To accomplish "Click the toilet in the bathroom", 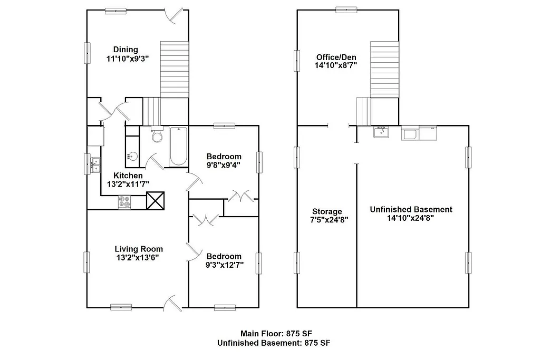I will coord(157,137).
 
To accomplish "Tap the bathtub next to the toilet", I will coord(178,146).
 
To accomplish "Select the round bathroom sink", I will coord(132,156).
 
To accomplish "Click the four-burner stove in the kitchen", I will coord(125,201).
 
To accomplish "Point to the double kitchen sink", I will coord(95,164).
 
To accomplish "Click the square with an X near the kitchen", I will coord(156,201).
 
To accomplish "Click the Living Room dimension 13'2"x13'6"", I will coord(138,258).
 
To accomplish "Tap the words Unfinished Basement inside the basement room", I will coord(411,209).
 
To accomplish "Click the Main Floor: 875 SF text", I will coord(273,333).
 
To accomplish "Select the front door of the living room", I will coord(173,303).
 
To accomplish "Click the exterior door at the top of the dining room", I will coord(175,16).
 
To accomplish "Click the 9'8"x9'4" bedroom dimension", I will coord(224,165).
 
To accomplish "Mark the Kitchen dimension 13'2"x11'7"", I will coord(128,184).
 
